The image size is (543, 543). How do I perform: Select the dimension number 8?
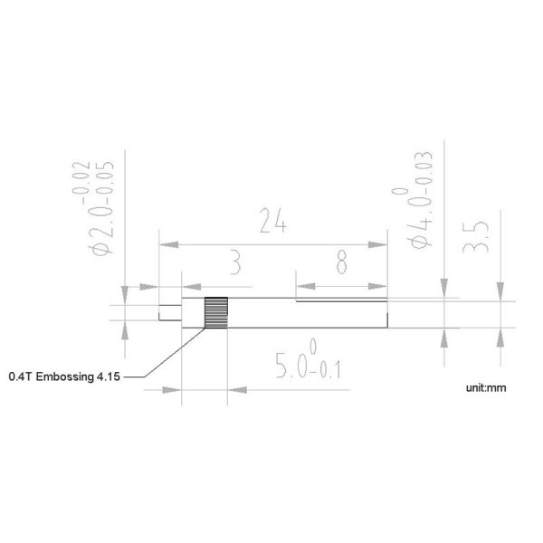pos(341,262)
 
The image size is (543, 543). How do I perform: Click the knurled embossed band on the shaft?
pos(214,313)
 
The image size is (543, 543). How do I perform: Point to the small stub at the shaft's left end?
pos(168,316)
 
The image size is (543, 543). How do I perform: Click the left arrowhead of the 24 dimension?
pos(164,243)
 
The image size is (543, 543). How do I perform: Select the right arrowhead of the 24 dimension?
pos(382,243)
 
